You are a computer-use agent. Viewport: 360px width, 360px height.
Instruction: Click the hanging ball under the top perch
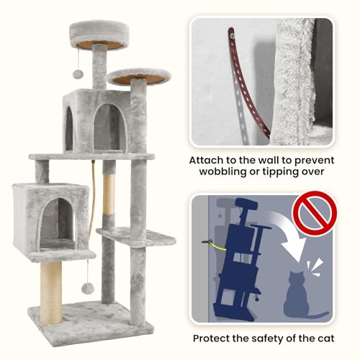click(78, 74)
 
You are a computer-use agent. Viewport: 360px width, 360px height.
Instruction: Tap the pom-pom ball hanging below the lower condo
click(87, 288)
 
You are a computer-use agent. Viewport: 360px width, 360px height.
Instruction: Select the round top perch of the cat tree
click(99, 35)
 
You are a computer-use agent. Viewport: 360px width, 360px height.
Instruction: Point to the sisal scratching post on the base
click(51, 292)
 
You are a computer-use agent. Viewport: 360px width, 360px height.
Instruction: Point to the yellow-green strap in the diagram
click(218, 247)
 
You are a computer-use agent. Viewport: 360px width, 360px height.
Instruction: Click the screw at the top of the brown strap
click(232, 36)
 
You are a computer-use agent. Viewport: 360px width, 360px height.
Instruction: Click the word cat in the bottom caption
click(326, 338)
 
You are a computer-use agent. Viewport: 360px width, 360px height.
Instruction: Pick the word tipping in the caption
click(279, 172)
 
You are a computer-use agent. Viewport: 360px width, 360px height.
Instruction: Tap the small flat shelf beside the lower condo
click(136, 236)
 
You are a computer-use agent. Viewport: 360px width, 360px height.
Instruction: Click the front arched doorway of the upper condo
click(110, 128)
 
